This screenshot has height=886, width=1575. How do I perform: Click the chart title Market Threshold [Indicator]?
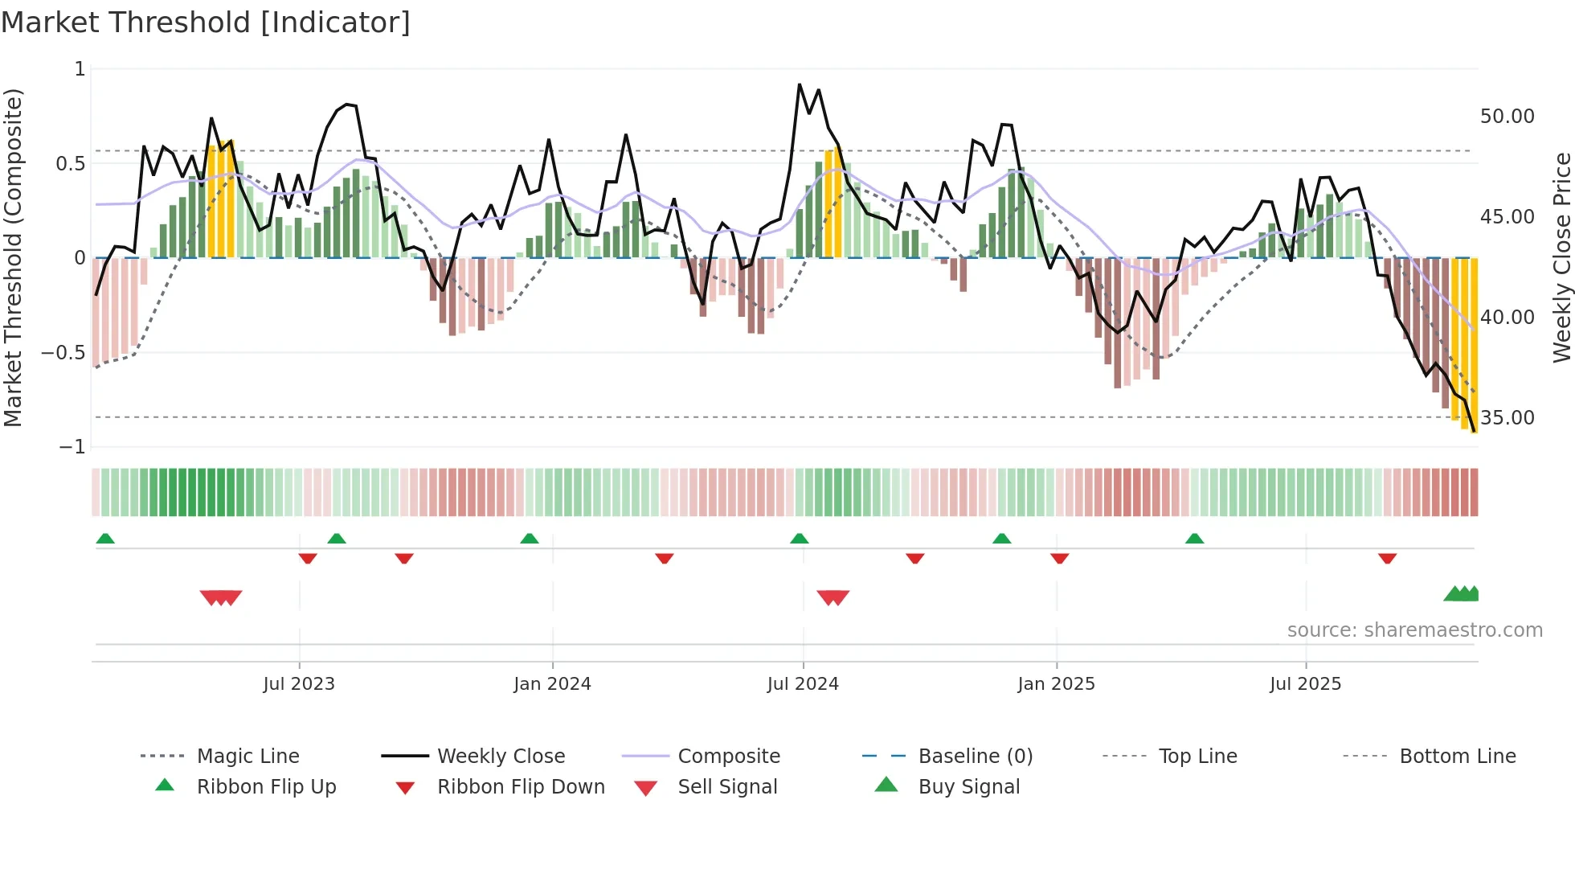pos(206,23)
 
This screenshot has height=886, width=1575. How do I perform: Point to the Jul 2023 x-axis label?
pos(299,684)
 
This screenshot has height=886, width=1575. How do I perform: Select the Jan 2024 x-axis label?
pos(552,684)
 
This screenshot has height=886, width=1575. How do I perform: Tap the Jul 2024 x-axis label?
pos(803,684)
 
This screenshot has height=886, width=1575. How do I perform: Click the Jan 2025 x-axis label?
pos(1056,684)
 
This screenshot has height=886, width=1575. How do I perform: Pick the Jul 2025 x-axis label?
pos(1306,684)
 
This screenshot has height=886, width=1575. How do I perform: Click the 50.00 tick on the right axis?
pos(1507,117)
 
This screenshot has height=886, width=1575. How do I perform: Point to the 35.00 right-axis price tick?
pos(1507,418)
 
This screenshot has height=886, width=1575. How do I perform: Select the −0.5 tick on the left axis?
pos(63,353)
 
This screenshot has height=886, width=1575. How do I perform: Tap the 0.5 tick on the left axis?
pos(70,164)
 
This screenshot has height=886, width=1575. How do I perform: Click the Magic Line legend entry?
pos(247,757)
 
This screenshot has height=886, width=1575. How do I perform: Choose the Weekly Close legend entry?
pos(501,757)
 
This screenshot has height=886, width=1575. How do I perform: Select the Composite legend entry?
pos(729,757)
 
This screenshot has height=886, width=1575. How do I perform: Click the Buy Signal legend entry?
pos(968,787)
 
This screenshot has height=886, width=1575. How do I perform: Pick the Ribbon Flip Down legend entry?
pos(521,787)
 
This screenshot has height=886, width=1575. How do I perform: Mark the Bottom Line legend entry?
pos(1457,757)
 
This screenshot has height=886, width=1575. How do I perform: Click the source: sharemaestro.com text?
pos(1414,630)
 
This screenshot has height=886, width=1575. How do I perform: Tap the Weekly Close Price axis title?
pos(1561,257)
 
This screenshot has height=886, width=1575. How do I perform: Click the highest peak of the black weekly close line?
pos(800,84)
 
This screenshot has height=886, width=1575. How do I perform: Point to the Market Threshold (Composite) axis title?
pos(13,257)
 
